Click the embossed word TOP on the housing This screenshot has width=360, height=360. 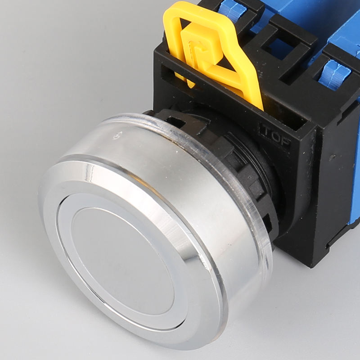tap(275, 135)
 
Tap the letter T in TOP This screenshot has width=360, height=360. tap(265, 131)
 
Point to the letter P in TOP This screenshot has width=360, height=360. tap(285, 139)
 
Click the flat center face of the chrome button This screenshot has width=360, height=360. tap(121, 261)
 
